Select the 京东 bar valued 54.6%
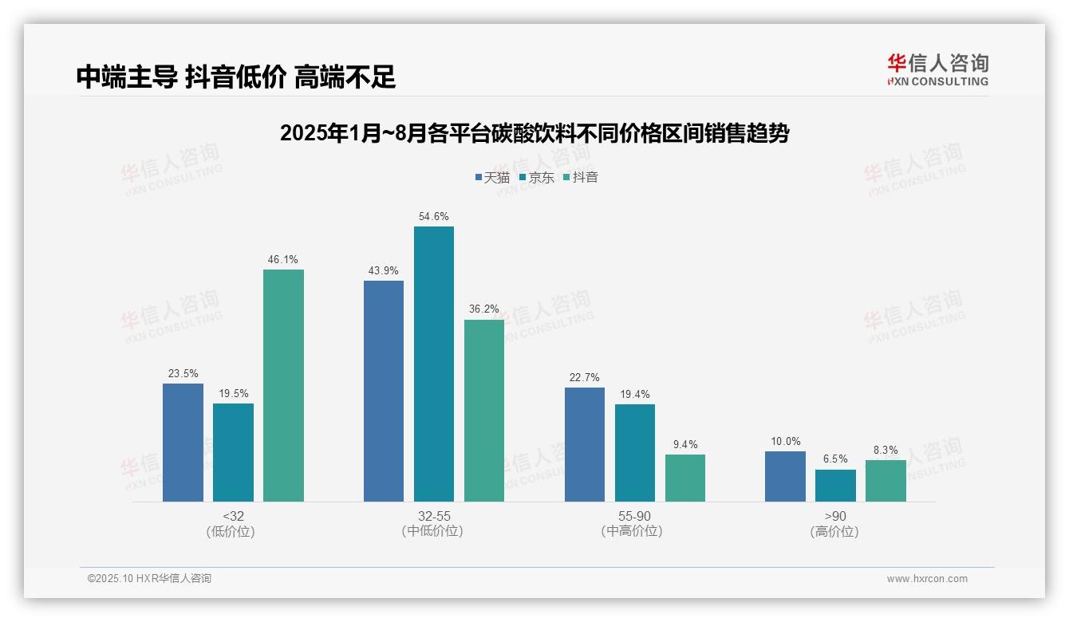pos(433,364)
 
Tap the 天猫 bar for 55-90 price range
pos(584,444)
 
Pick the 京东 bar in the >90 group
pos(835,486)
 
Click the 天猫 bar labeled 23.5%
pos(183,443)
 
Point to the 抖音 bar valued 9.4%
pos(684,478)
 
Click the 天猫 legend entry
pos(492,177)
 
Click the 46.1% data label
pos(283,260)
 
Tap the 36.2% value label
pos(484,309)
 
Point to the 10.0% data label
pos(786,442)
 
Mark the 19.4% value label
pos(634,394)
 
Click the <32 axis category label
pos(233,516)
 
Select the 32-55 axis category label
pos(434,516)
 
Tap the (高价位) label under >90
pos(834,532)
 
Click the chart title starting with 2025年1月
pos(534,133)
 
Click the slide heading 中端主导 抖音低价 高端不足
pos(236,77)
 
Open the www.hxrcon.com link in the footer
pos(927,579)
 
